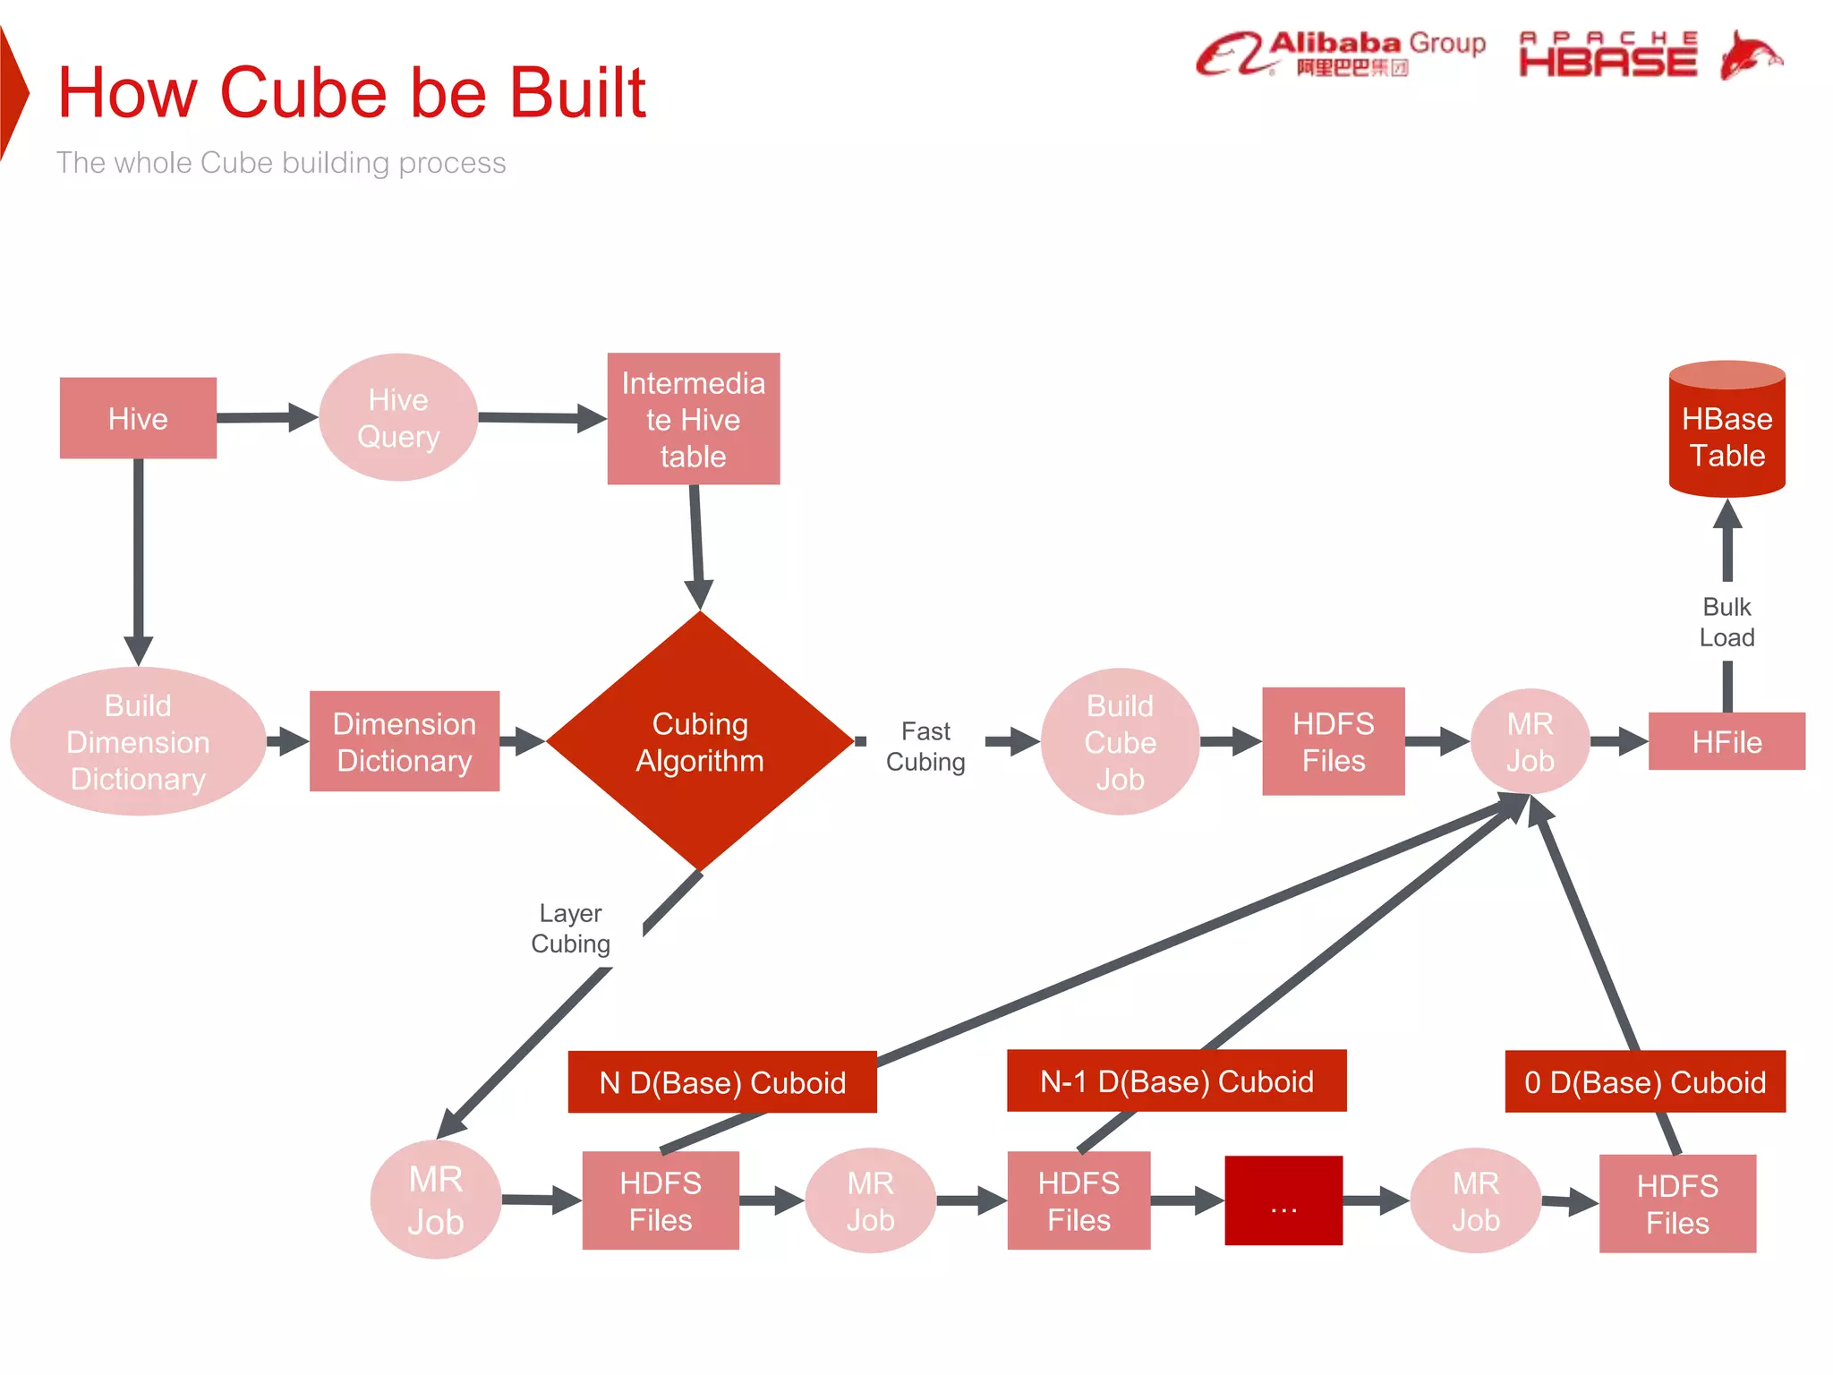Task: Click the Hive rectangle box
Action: (x=138, y=418)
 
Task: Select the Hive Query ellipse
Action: (x=398, y=417)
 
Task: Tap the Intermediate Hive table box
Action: (x=693, y=419)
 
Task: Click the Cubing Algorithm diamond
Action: (x=700, y=741)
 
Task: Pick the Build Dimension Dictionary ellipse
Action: (x=138, y=741)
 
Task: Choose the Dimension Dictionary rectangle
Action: (x=404, y=741)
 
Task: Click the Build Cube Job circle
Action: (x=1120, y=741)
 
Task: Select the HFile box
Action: (x=1726, y=741)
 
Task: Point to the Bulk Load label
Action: (x=1726, y=622)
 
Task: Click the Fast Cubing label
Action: (x=925, y=746)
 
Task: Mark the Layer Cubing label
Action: (x=571, y=928)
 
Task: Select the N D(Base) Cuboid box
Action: (x=721, y=1082)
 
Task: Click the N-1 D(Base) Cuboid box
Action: (x=1176, y=1080)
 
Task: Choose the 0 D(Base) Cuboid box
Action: (x=1644, y=1081)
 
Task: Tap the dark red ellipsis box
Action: (x=1283, y=1200)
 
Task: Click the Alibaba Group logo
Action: (x=1340, y=54)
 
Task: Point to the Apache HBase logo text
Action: (x=1608, y=56)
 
